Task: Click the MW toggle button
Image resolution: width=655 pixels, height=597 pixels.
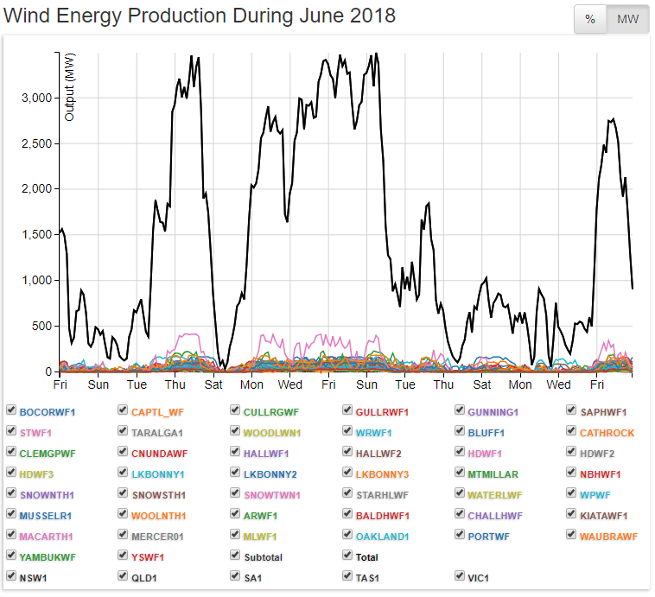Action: click(x=627, y=19)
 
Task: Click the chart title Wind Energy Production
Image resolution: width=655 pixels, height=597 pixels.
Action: click(x=200, y=16)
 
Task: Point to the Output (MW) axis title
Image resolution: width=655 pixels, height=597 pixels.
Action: click(x=70, y=86)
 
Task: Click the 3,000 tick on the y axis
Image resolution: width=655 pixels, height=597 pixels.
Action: click(x=36, y=98)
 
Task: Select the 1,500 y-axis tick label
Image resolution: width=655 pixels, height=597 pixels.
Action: click(x=36, y=235)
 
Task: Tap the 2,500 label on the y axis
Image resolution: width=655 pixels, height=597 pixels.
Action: click(x=36, y=143)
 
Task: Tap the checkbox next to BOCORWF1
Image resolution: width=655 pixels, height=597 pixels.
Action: click(x=10, y=410)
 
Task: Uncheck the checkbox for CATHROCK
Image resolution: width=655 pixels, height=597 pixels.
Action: click(x=571, y=431)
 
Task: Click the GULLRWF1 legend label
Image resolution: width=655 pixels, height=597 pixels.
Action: click(x=382, y=412)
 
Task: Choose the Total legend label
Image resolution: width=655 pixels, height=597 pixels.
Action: click(x=368, y=557)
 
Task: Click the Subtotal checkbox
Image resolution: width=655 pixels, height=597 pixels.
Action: click(x=235, y=556)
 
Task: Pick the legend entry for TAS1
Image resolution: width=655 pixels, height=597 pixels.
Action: click(x=368, y=578)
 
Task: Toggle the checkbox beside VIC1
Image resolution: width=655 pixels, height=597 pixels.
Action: click(x=460, y=576)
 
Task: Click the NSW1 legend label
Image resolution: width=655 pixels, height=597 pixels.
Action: click(x=34, y=578)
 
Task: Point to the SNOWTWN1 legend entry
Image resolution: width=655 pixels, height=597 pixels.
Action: click(x=271, y=495)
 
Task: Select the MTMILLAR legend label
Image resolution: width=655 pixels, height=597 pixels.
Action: click(x=493, y=474)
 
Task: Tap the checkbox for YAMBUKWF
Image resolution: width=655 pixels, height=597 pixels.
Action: click(x=10, y=556)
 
